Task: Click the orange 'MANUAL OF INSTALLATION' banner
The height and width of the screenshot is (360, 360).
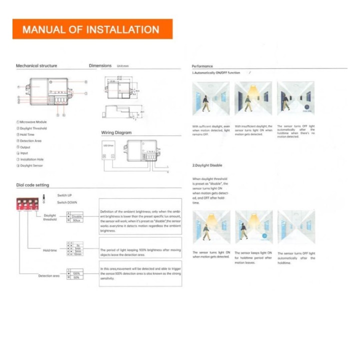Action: tap(92, 29)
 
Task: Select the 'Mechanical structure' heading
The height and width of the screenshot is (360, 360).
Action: tap(36, 65)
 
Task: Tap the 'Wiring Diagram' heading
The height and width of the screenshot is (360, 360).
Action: tap(116, 132)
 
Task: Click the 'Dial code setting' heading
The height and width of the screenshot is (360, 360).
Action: tap(32, 185)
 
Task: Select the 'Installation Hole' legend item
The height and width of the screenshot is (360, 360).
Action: tap(31, 159)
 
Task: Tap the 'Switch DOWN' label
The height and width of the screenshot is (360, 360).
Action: tap(67, 203)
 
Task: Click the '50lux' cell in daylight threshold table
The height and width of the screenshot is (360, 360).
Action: tap(77, 220)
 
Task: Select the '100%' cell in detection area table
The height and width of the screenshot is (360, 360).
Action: tap(76, 273)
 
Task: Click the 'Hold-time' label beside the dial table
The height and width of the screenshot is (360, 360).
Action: tap(50, 250)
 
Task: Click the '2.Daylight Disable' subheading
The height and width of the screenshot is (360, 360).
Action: tap(207, 165)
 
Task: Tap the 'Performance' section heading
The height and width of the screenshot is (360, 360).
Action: tap(202, 66)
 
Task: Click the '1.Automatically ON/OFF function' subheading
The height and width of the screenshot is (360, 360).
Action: tap(216, 73)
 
